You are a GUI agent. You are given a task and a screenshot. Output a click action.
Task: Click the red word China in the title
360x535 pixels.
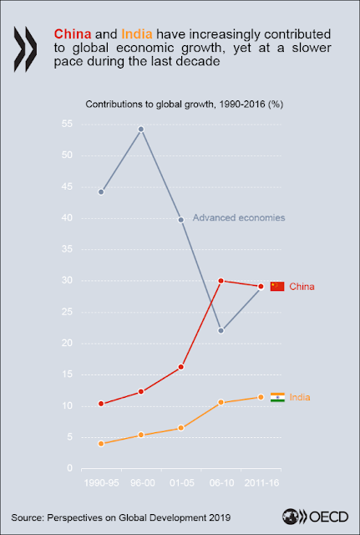[x=73, y=33]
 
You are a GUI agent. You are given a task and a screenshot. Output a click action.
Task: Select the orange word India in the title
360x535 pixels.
[x=139, y=33]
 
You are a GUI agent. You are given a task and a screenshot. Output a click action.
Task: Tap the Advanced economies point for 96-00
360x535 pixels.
[x=141, y=130]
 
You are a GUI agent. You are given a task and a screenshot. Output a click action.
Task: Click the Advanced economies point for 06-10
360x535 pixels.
[x=221, y=331]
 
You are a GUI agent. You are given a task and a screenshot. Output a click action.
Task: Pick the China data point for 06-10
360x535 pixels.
[x=221, y=281]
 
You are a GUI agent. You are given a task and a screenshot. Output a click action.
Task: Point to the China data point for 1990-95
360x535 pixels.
[x=101, y=404]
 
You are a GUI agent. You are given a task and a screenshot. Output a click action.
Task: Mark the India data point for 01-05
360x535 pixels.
[x=181, y=428]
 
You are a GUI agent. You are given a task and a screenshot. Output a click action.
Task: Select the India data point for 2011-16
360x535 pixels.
[x=261, y=397]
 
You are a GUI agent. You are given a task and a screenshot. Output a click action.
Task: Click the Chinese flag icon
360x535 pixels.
[x=277, y=287]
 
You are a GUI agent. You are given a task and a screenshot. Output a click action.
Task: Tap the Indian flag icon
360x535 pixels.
[x=277, y=398]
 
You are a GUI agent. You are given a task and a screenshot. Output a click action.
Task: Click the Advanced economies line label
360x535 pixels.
[x=239, y=217]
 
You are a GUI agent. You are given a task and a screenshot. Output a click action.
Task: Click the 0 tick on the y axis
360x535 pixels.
[x=70, y=468]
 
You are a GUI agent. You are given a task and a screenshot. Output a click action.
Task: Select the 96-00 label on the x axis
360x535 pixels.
[x=141, y=483]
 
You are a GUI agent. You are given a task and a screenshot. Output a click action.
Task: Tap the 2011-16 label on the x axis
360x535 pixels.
[x=261, y=483]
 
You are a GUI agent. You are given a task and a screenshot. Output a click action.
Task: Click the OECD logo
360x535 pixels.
[x=316, y=517]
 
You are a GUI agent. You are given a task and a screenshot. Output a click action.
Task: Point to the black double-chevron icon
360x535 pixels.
[x=25, y=48]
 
